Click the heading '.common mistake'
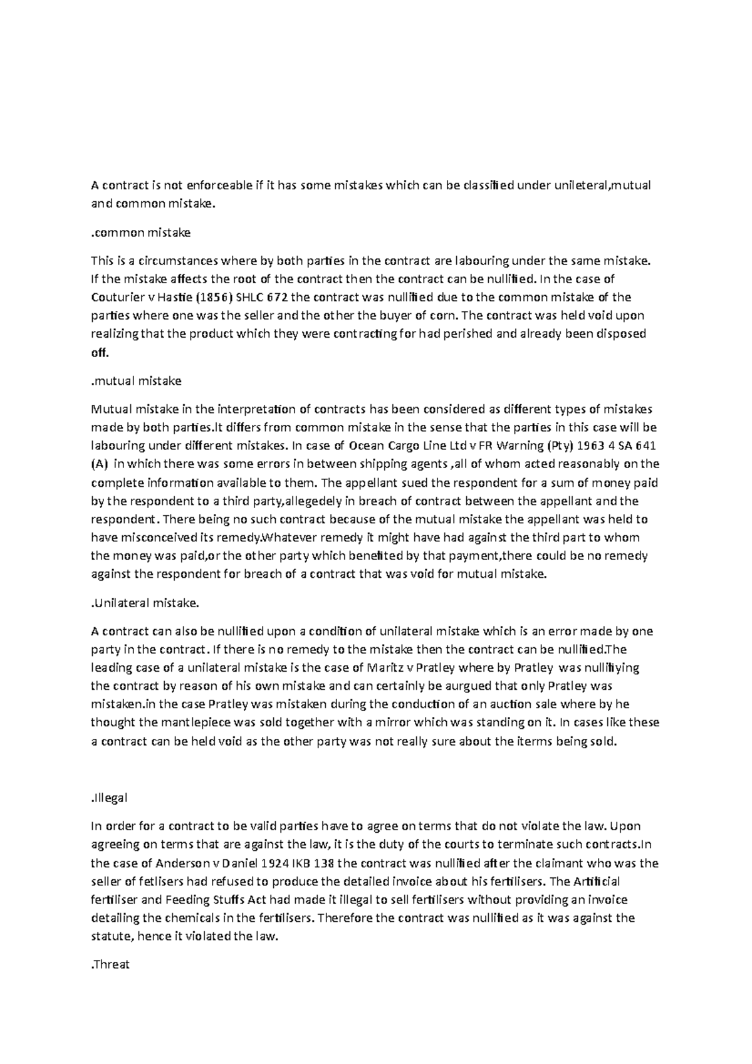141,233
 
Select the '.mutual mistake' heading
137,381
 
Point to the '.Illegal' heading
110,798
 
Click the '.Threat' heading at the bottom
110,964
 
